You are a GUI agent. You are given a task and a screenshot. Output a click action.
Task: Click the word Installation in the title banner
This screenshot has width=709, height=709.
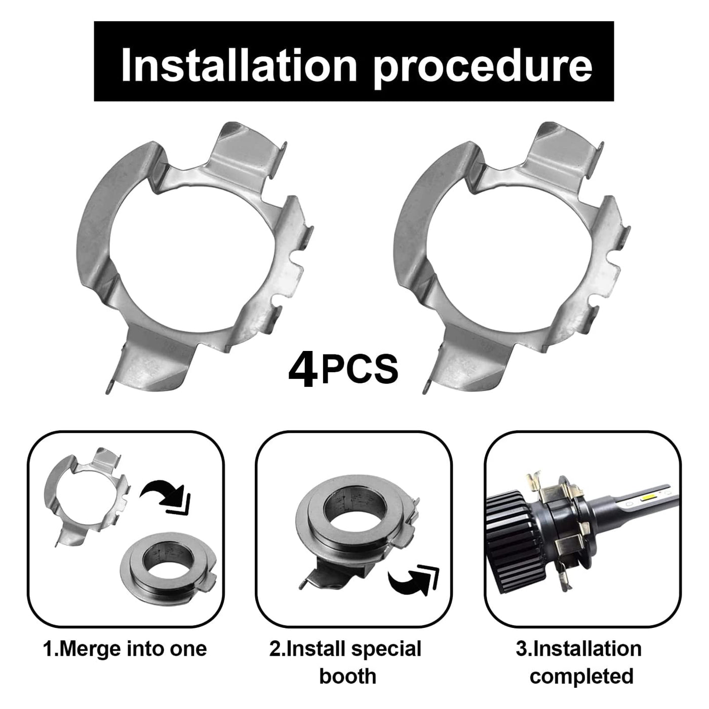239,65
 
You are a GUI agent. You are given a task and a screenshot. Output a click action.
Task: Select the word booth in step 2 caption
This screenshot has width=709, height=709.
348,677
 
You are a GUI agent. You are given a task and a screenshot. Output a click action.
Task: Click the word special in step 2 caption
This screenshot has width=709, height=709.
386,649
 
